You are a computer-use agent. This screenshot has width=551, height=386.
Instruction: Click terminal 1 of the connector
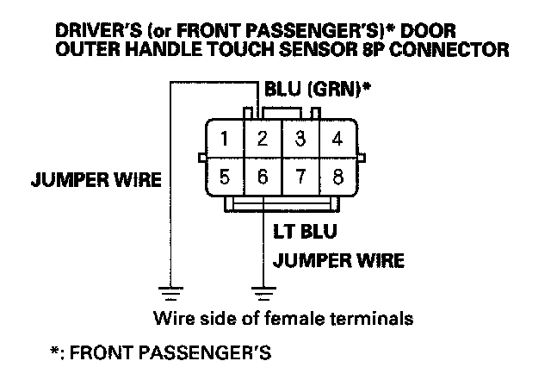[224, 138]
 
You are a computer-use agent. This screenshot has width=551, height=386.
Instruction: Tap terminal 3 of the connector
[300, 138]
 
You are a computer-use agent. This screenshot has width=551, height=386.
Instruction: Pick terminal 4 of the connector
[338, 138]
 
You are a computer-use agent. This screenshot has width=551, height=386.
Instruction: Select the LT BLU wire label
[304, 232]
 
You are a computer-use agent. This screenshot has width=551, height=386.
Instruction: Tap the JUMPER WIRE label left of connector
[96, 181]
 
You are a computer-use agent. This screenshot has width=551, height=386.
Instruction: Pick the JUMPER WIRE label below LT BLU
[338, 259]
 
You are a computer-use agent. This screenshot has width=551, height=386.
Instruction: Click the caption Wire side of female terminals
[283, 318]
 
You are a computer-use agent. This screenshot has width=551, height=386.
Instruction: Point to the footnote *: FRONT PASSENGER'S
[161, 353]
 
